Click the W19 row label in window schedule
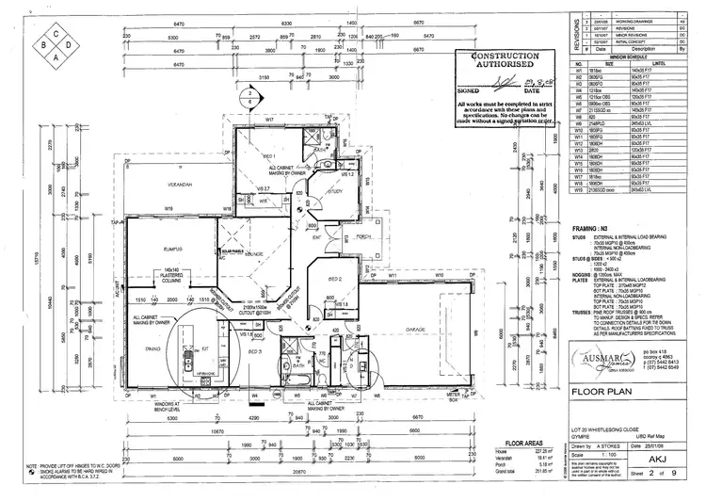point(581,189)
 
